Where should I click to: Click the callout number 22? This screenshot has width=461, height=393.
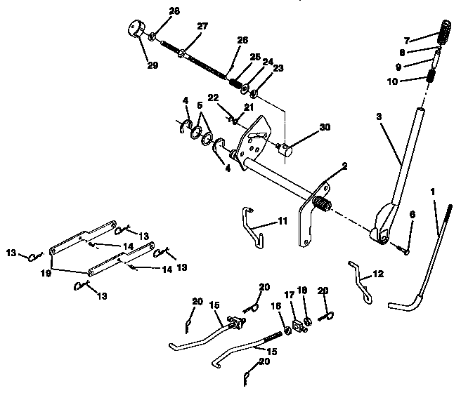213,98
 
